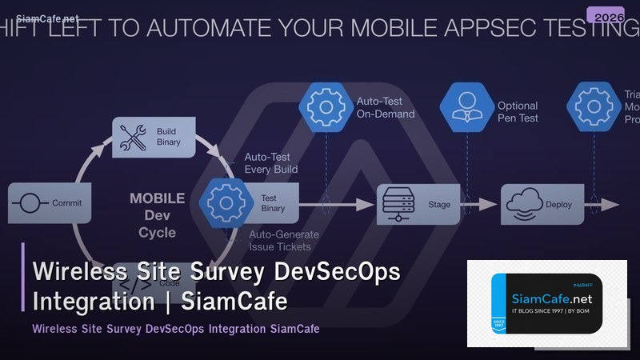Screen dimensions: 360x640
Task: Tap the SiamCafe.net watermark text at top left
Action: [x=40, y=17]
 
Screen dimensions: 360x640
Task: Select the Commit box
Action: [x=50, y=203]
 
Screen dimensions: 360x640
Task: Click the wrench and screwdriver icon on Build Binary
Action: [x=131, y=136]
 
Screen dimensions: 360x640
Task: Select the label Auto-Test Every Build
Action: [x=270, y=163]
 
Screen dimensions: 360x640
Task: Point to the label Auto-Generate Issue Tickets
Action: [x=284, y=240]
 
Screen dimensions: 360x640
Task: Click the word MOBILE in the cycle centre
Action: [x=157, y=198]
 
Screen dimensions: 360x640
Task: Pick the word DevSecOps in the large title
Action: [x=337, y=273]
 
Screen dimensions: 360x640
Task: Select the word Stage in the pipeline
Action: [x=439, y=205]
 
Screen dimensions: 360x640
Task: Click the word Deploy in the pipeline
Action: [x=559, y=205]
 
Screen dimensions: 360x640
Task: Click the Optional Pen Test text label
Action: [x=518, y=112]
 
